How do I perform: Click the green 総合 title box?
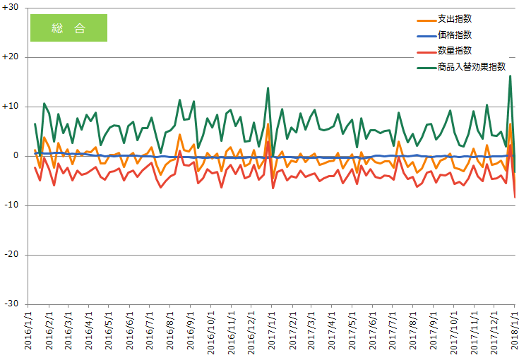tap(69, 28)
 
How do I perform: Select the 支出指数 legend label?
tap(455, 19)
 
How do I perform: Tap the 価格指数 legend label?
tap(455, 35)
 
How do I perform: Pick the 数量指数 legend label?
tap(455, 51)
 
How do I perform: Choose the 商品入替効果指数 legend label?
tap(472, 67)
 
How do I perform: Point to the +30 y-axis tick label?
tap(10, 7)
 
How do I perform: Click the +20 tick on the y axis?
tap(10, 57)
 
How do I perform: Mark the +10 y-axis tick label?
tap(10, 107)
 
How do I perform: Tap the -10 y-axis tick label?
tap(11, 205)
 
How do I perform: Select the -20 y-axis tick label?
tap(11, 255)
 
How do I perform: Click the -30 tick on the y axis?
tap(11, 304)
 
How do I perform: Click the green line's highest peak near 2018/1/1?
tap(510, 76)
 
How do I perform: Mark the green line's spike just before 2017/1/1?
tap(268, 88)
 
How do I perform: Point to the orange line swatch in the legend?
tap(426, 20)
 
